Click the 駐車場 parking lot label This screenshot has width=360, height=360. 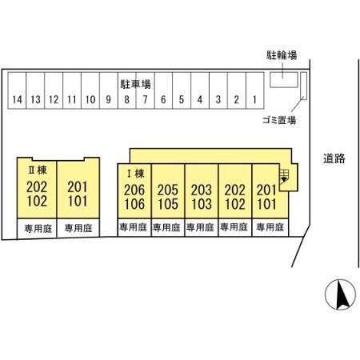135,84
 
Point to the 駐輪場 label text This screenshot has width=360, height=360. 282,55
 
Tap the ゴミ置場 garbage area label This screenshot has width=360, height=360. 279,120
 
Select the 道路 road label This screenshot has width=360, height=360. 334,158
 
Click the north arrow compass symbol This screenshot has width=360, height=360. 340,294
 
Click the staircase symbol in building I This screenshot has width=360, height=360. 284,176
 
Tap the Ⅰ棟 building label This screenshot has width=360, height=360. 136,174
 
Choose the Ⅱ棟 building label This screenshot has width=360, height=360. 38,170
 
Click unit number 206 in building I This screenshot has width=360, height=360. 134,190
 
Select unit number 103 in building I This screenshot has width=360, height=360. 202,204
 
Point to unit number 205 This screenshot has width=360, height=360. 168,190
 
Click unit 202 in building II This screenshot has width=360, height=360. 37,187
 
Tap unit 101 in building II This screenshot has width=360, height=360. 78,201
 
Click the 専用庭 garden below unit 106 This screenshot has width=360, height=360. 134,227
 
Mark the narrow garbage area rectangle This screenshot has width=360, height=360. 304,86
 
